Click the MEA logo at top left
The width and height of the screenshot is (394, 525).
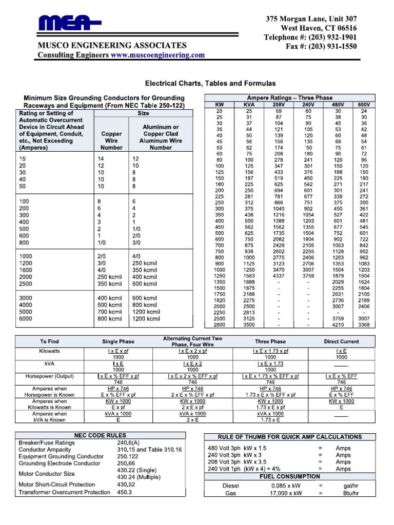pyautogui.click(x=70, y=24)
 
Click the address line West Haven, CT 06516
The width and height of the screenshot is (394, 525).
pyautogui.click(x=319, y=28)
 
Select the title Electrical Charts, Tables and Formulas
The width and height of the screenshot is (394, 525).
pyautogui.click(x=211, y=83)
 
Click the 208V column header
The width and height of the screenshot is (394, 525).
pyautogui.click(x=279, y=105)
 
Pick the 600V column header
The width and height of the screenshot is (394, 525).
pyautogui.click(x=364, y=105)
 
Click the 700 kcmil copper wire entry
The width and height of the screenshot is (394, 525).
pyautogui.click(x=109, y=311)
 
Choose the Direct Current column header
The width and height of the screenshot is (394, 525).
pyautogui.click(x=341, y=341)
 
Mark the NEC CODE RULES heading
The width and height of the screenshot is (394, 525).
pyautogui.click(x=100, y=435)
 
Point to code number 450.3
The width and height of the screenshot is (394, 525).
pyautogui.click(x=124, y=492)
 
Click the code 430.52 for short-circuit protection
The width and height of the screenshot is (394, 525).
pyautogui.click(x=126, y=484)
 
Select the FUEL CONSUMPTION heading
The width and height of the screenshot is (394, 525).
pyautogui.click(x=290, y=476)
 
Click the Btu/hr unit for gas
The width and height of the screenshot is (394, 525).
pyautogui.click(x=351, y=493)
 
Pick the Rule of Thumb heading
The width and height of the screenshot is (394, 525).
pyautogui.click(x=290, y=437)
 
